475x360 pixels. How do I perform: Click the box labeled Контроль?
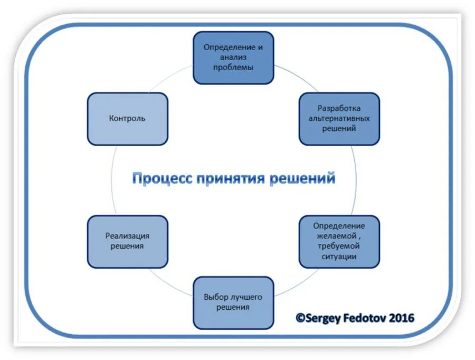[127, 119]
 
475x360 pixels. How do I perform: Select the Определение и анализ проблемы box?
[233, 58]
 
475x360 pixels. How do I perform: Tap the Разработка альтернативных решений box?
[339, 119]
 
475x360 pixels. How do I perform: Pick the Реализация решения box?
[127, 241]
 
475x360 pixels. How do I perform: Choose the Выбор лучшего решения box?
[233, 302]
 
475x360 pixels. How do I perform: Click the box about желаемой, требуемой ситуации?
[339, 241]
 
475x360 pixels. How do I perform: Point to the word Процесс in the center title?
[161, 178]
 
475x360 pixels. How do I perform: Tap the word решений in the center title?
[302, 178]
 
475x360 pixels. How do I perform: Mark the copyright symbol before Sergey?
[300, 318]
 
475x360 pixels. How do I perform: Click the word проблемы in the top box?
[233, 68]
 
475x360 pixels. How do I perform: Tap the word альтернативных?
[339, 118]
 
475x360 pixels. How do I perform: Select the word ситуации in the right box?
[338, 257]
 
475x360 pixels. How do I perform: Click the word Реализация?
[127, 236]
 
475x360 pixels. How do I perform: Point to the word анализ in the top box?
[233, 58]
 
